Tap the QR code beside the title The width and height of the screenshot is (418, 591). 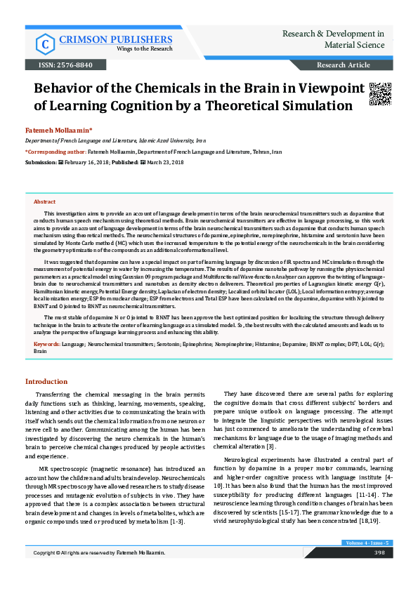(x=379, y=94)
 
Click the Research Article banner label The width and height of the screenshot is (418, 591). (x=343, y=65)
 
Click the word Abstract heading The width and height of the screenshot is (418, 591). (x=45, y=201)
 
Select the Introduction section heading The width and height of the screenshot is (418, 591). (x=46, y=381)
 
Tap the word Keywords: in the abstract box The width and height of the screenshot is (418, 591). (x=47, y=345)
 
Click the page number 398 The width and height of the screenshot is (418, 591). (x=379, y=573)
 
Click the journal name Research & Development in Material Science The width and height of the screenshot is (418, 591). (x=333, y=39)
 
